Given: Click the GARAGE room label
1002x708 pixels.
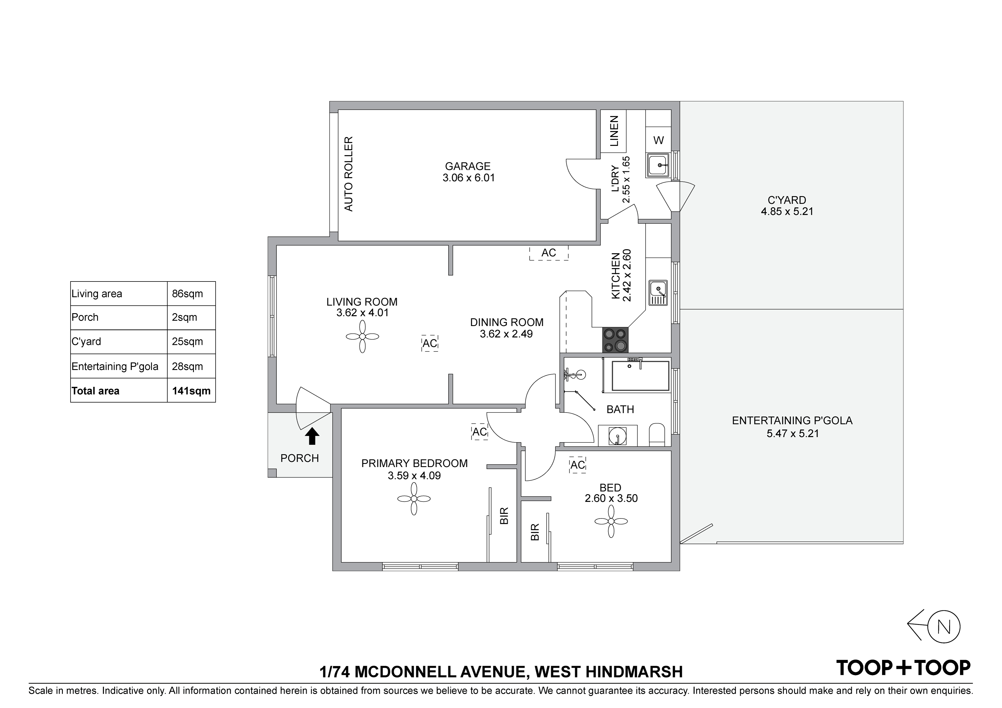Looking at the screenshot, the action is point(468,166).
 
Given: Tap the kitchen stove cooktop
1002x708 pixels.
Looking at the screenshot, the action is point(615,340).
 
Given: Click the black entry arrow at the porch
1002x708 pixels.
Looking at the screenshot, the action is point(312,436).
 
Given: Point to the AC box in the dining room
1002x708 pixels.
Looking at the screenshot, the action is point(549,253).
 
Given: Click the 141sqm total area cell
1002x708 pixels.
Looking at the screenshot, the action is point(191,391).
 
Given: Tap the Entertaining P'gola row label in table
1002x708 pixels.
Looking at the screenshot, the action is point(115,367).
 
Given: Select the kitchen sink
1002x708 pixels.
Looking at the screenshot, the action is point(658,292).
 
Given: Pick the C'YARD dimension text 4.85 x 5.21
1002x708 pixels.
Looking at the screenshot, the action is point(787,212).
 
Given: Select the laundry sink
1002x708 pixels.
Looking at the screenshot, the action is point(658,165).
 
